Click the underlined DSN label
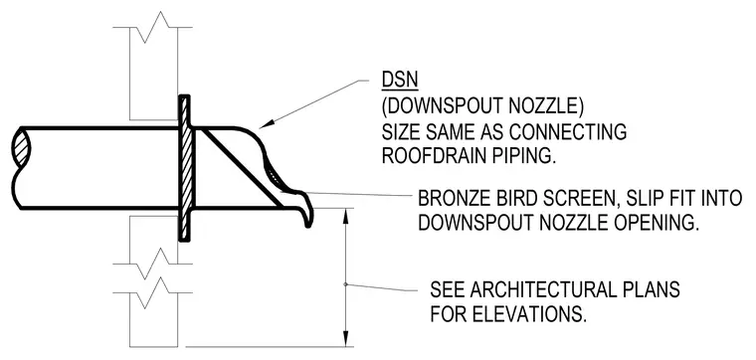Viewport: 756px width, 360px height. [x=400, y=80]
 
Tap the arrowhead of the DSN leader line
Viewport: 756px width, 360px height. [x=266, y=124]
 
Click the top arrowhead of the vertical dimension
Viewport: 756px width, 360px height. [x=345, y=216]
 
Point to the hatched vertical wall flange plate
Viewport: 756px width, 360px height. [x=185, y=168]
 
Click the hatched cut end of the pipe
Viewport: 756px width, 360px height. [x=22, y=147]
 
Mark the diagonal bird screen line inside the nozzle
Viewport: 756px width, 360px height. [x=239, y=167]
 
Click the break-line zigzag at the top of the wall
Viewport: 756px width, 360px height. [x=152, y=28]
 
